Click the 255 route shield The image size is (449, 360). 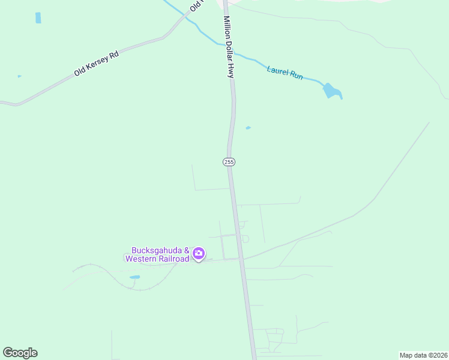tap(229, 162)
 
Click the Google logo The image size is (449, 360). tap(20, 353)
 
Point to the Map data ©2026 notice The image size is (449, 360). tap(423, 355)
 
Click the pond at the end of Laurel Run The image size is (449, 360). tap(331, 91)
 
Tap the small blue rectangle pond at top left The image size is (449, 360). tap(38, 18)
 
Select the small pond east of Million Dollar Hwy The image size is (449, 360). tap(248, 128)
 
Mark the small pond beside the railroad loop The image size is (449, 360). tap(134, 277)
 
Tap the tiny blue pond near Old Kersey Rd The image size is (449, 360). tap(19, 76)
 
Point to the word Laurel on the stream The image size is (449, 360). tap(277, 70)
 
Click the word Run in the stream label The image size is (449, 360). tap(296, 77)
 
